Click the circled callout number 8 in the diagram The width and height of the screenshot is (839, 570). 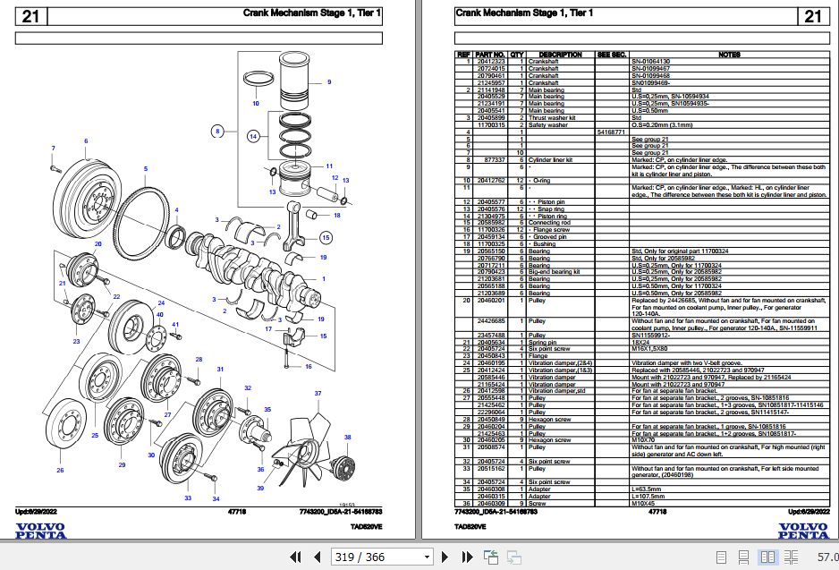coord(216,132)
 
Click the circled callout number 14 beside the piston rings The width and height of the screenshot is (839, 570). coord(254,136)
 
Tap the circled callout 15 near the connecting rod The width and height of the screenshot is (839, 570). coord(326,237)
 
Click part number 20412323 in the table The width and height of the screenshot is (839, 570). coord(490,61)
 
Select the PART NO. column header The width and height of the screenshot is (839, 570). coord(490,55)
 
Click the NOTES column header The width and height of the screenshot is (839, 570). coord(728,55)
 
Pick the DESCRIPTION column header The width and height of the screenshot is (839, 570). coord(561,55)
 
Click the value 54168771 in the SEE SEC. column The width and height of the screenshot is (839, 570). coord(613,132)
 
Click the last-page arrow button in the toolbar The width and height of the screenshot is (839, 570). coord(462,557)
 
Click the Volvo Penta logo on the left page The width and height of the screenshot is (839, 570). coord(41,530)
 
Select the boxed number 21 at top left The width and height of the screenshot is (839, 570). coord(30,16)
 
